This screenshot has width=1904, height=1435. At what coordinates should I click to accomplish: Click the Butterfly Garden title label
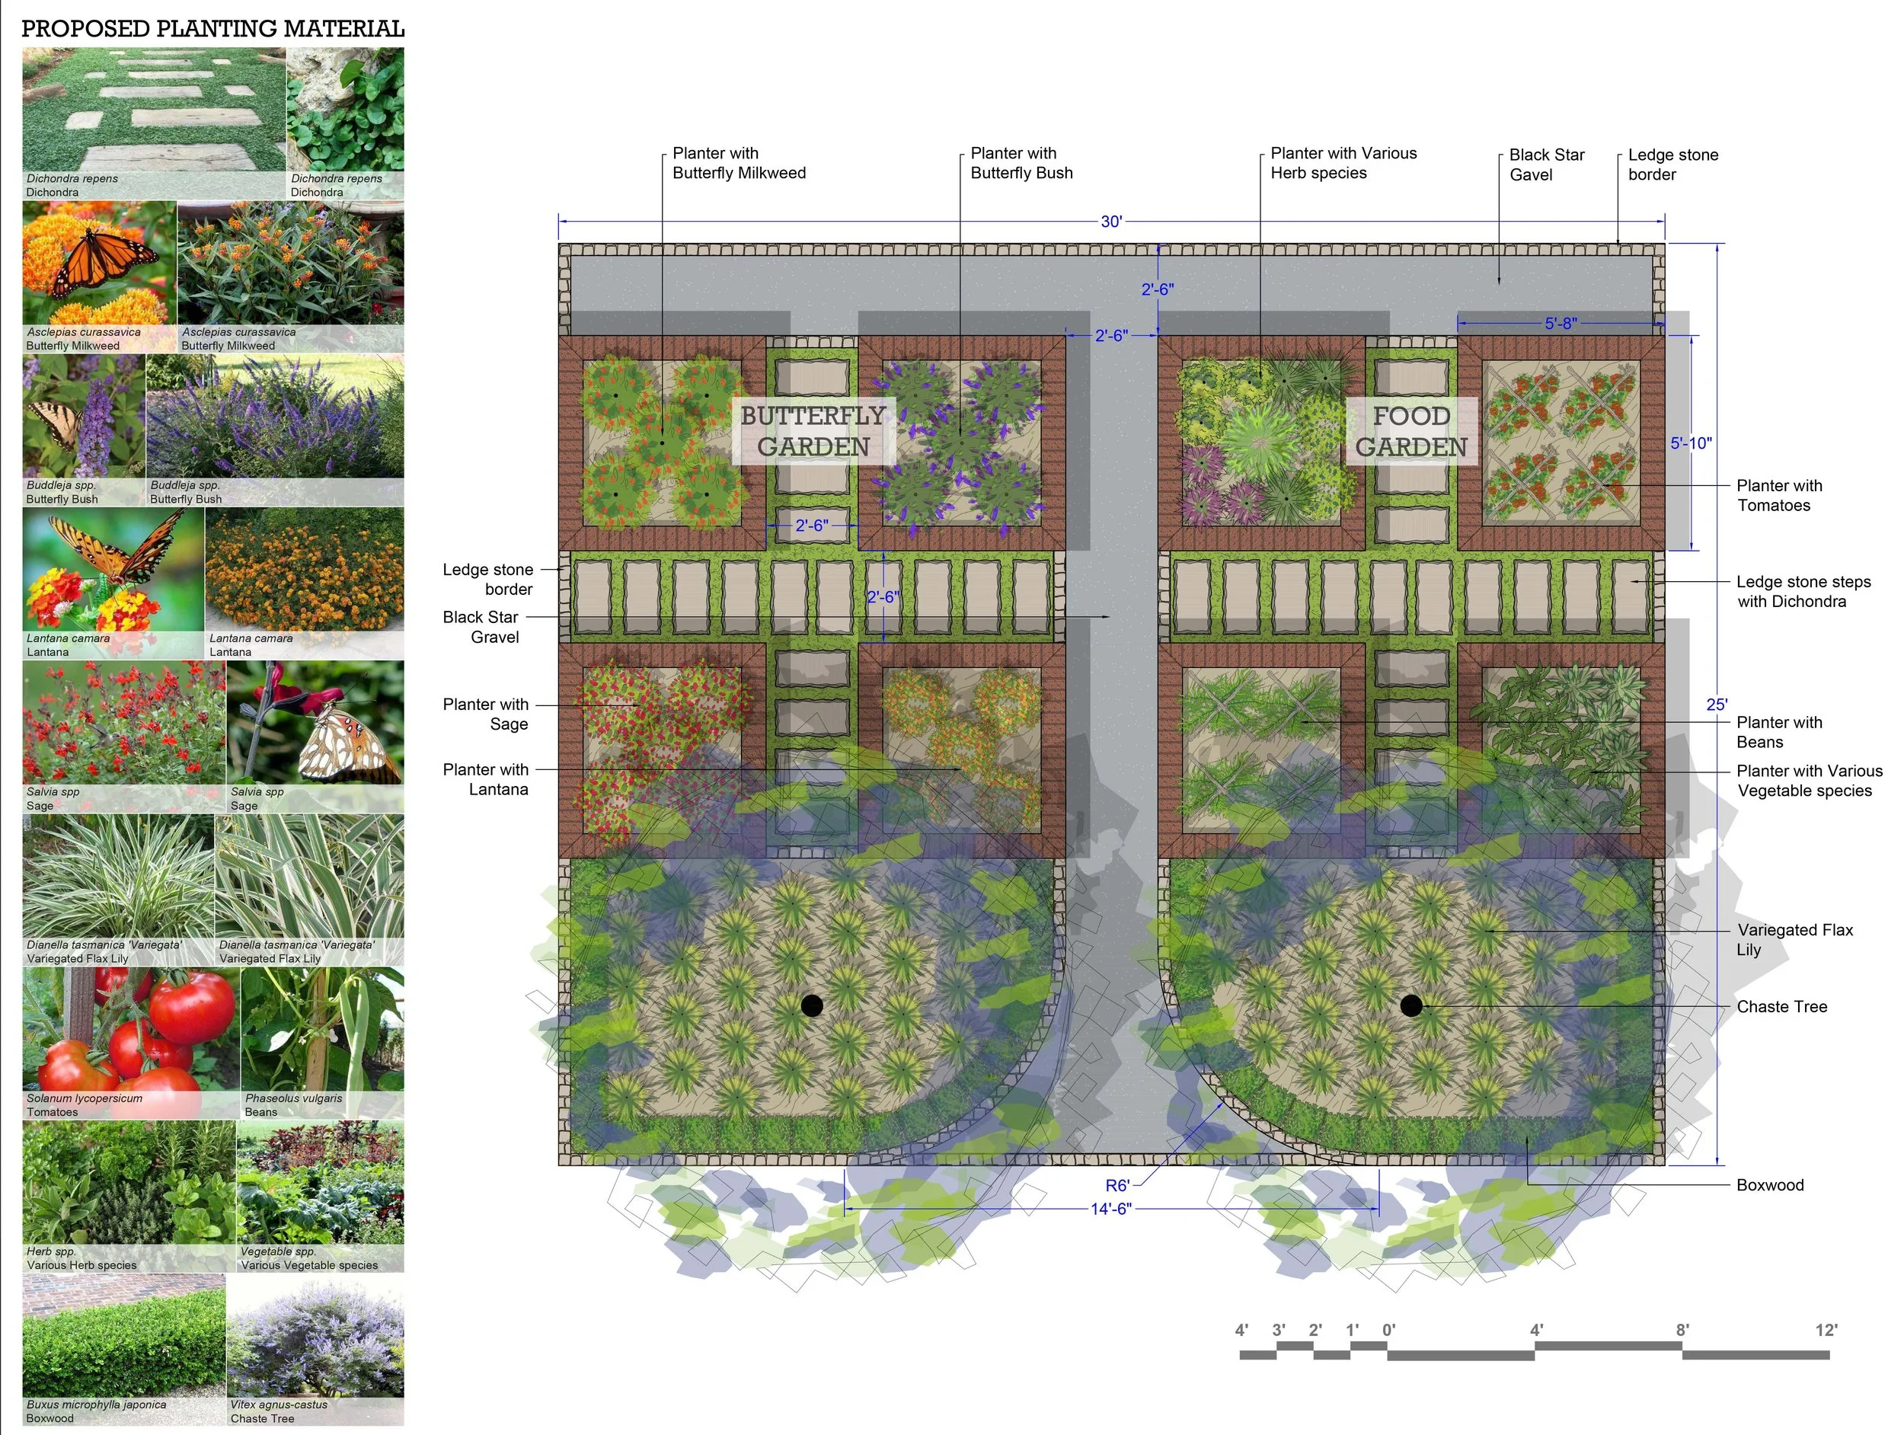tap(813, 431)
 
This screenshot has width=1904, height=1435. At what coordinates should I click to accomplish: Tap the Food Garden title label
tap(1412, 431)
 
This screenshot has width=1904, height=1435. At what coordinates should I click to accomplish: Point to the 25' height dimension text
tap(1717, 704)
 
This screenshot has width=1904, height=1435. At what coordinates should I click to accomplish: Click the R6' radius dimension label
tap(1117, 1185)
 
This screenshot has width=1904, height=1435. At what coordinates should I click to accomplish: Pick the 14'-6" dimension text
tap(1110, 1209)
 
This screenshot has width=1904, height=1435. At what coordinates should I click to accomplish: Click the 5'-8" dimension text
tap(1561, 324)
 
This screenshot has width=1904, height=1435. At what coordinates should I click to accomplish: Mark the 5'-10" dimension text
tap(1691, 443)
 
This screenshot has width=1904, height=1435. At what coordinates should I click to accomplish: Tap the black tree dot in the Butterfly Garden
tap(812, 1005)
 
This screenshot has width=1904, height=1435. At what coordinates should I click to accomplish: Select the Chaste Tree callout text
tap(1782, 1006)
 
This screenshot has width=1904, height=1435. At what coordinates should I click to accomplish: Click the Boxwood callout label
tap(1770, 1184)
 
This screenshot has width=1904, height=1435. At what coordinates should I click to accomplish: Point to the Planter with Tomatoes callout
tap(1779, 495)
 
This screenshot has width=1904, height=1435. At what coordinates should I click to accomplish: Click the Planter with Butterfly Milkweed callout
tap(739, 163)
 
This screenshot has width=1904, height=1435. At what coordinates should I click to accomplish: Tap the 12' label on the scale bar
tap(1826, 1330)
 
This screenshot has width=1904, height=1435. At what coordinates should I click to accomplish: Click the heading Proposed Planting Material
tap(212, 28)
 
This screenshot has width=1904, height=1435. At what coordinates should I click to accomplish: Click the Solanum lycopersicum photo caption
tap(85, 1098)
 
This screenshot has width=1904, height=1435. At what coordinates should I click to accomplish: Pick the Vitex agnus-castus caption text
tap(279, 1405)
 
